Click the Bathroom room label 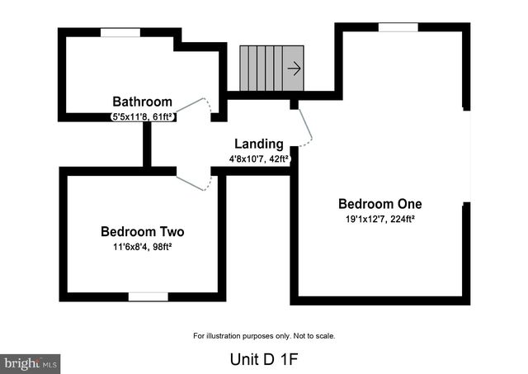coord(142,102)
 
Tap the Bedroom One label coord(379,204)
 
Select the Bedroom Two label coord(143,231)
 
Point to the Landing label coord(258,144)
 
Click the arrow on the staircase coord(295,69)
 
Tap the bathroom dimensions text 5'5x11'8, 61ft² coord(143,117)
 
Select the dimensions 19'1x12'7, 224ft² coord(379,219)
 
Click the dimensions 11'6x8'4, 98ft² coord(143,247)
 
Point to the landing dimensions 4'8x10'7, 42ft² coord(259,159)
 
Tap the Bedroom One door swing coord(306,125)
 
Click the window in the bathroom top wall coord(120,32)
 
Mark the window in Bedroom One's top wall coord(398,27)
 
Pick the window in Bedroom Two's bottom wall coord(148,297)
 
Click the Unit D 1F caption coord(264,359)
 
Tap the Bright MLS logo coord(31,364)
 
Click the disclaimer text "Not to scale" coord(314,336)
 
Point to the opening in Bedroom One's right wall coord(467,157)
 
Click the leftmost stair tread coord(244,69)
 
